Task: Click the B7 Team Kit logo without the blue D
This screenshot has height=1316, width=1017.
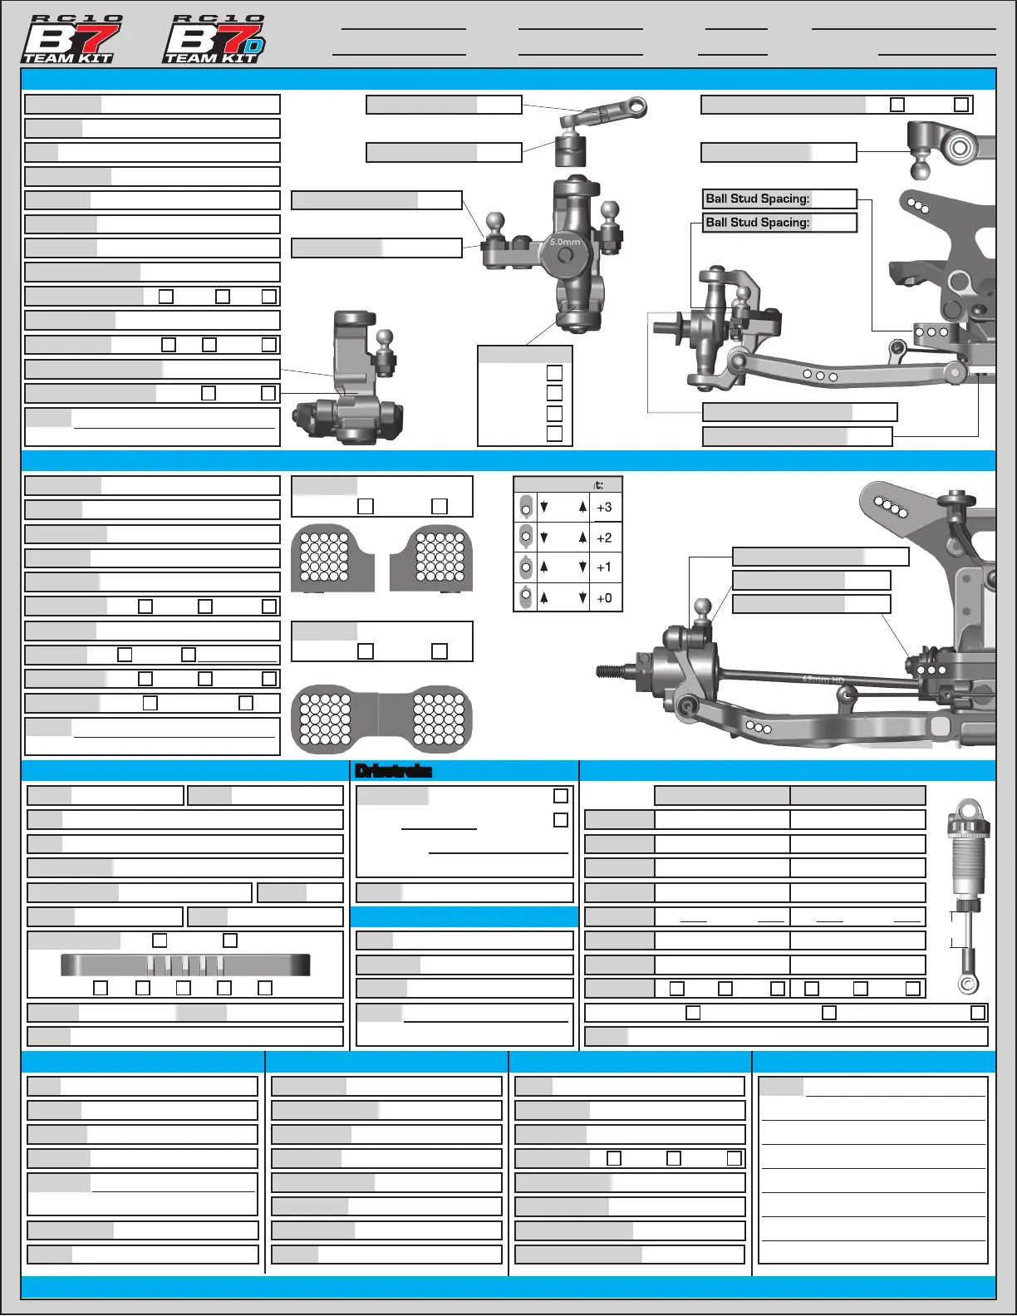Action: click(71, 40)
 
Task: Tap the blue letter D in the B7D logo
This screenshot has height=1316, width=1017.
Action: click(253, 46)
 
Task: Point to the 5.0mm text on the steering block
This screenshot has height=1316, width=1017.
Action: click(565, 243)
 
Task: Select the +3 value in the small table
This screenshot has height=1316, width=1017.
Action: click(604, 508)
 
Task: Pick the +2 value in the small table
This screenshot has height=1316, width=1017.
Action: click(604, 538)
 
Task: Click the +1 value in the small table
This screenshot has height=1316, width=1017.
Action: click(604, 567)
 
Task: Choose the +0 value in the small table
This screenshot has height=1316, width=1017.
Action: click(604, 598)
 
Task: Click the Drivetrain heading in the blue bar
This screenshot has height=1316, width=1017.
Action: click(393, 771)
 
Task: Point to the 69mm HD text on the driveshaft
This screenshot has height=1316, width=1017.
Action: click(823, 680)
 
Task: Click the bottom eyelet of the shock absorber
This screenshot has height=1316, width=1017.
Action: click(967, 985)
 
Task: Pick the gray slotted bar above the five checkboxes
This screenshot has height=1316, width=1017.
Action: click(185, 965)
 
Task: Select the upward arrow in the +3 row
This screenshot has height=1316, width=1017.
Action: click(582, 507)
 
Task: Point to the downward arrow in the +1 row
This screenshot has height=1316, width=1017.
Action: click(582, 567)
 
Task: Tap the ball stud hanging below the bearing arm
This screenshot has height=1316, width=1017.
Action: click(921, 169)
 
